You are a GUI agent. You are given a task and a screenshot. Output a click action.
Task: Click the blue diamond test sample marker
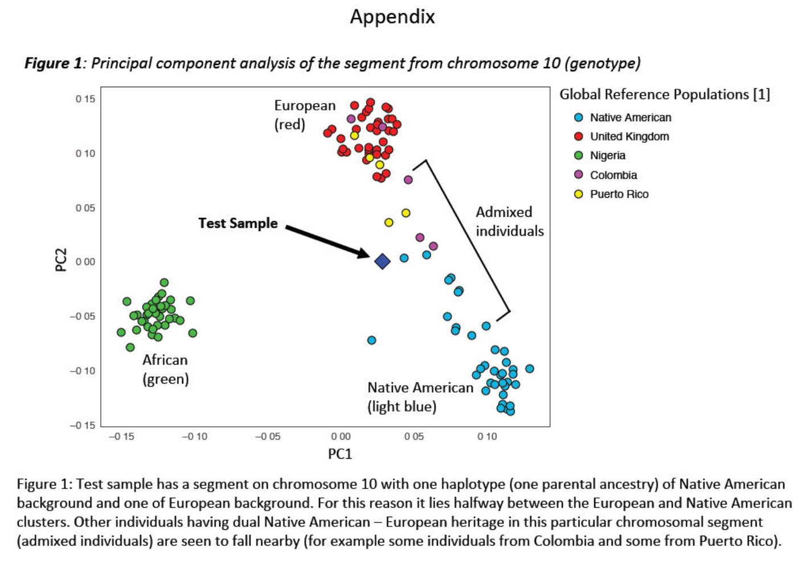pyautogui.click(x=382, y=261)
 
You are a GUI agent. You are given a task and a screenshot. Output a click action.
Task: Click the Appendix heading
pyautogui.click(x=392, y=17)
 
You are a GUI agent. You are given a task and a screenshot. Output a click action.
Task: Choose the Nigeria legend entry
pyautogui.click(x=607, y=156)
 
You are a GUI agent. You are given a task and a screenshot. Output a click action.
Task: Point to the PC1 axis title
pyautogui.click(x=340, y=454)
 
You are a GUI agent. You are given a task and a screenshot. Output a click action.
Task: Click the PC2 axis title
pyautogui.click(x=61, y=260)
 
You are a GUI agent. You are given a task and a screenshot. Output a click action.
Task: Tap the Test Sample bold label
pyautogui.click(x=238, y=223)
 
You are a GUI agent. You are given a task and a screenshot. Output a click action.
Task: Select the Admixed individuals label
pyautogui.click(x=509, y=221)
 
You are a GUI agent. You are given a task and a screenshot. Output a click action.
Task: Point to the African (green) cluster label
pyautogui.click(x=165, y=369)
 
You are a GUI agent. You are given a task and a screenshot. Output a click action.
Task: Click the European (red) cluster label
pyautogui.click(x=305, y=114)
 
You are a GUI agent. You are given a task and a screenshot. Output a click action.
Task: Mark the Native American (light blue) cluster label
pyautogui.click(x=420, y=397)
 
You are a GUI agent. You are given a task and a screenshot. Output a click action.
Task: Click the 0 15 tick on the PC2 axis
pyautogui.click(x=85, y=99)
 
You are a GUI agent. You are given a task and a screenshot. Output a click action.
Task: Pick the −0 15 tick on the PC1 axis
pyautogui.click(x=121, y=437)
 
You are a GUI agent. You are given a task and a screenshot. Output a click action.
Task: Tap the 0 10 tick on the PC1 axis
pyautogui.click(x=487, y=437)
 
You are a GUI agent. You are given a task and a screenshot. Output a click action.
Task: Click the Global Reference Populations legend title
pyautogui.click(x=664, y=94)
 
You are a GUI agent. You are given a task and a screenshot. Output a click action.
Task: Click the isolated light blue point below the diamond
pyautogui.click(x=371, y=340)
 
